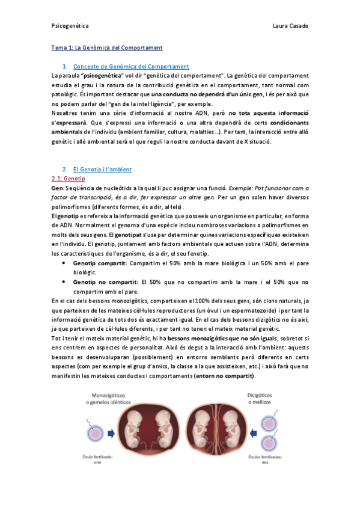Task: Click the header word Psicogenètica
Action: click(70, 26)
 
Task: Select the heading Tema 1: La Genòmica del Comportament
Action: click(106, 47)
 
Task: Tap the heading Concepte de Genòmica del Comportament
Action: click(130, 66)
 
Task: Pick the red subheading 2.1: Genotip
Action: click(69, 179)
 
